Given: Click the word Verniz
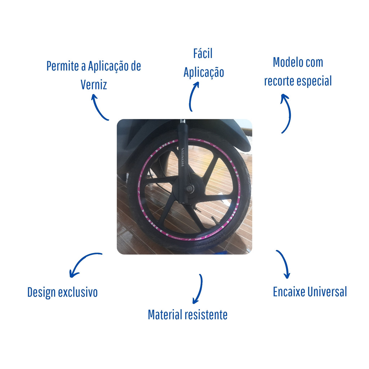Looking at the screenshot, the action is point(94,85).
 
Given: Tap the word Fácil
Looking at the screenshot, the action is point(203,53).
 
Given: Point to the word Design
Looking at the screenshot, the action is point(41,293).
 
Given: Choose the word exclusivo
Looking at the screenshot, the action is point(78,292).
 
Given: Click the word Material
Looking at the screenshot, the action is point(165,315).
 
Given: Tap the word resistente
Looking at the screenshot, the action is point(206,315).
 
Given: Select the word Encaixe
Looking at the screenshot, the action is point(289,292).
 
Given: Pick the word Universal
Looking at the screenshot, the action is point(327,292).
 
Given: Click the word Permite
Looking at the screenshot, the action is point(63,66).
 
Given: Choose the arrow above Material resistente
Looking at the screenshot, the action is point(200,289).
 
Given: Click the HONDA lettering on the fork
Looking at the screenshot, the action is point(183,157).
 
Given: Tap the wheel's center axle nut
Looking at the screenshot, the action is point(188,188).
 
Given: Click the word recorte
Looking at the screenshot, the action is point(279,81).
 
